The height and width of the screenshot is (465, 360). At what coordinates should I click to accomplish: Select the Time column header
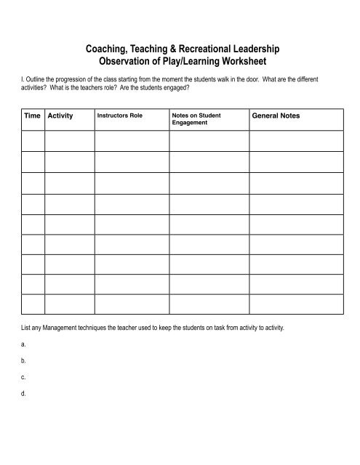[x=32, y=116]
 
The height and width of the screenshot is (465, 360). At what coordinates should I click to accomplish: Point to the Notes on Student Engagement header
[x=196, y=119]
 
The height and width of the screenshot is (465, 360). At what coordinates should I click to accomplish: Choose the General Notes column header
[x=276, y=116]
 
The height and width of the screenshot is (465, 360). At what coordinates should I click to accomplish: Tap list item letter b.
[x=24, y=360]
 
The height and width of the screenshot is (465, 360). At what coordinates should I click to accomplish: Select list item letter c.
[x=24, y=376]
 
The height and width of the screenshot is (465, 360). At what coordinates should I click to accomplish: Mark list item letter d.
[x=24, y=393]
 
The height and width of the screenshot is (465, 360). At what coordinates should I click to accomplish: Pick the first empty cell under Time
[x=32, y=139]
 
